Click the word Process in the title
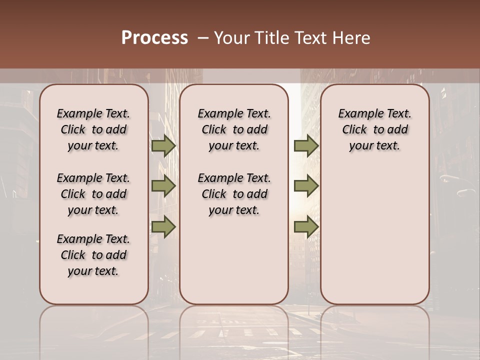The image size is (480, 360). click(x=154, y=38)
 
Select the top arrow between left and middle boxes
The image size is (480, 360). click(x=163, y=146)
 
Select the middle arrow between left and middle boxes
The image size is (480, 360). click(x=163, y=186)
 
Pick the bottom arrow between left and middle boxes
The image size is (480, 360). click(x=163, y=227)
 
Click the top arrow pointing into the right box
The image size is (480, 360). click(x=306, y=146)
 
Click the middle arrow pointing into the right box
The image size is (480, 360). click(x=306, y=186)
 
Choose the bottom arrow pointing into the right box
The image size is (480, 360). click(x=306, y=227)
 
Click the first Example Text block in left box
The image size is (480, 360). click(x=93, y=129)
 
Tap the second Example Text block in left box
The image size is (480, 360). click(x=93, y=194)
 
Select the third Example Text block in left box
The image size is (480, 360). click(x=93, y=255)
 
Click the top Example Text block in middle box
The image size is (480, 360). click(x=234, y=129)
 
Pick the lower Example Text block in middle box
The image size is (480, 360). click(x=234, y=194)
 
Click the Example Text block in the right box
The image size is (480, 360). click(x=374, y=129)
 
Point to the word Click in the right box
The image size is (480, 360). click(x=354, y=130)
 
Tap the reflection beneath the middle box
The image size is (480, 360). click(x=234, y=325)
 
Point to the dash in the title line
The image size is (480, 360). click(x=203, y=38)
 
